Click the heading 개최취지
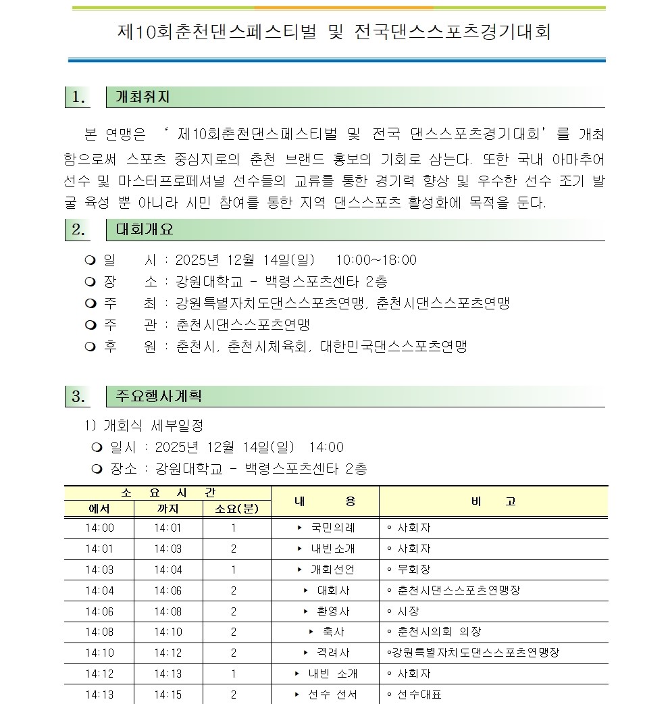click(x=143, y=97)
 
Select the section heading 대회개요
click(x=145, y=230)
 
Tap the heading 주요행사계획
click(x=158, y=397)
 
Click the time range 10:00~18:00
click(x=376, y=260)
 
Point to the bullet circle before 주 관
click(x=90, y=325)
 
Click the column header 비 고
click(x=493, y=501)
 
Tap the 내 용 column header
click(x=325, y=501)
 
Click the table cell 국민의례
click(x=332, y=528)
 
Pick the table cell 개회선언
click(x=332, y=570)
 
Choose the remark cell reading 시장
click(x=408, y=611)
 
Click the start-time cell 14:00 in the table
click(x=100, y=528)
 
